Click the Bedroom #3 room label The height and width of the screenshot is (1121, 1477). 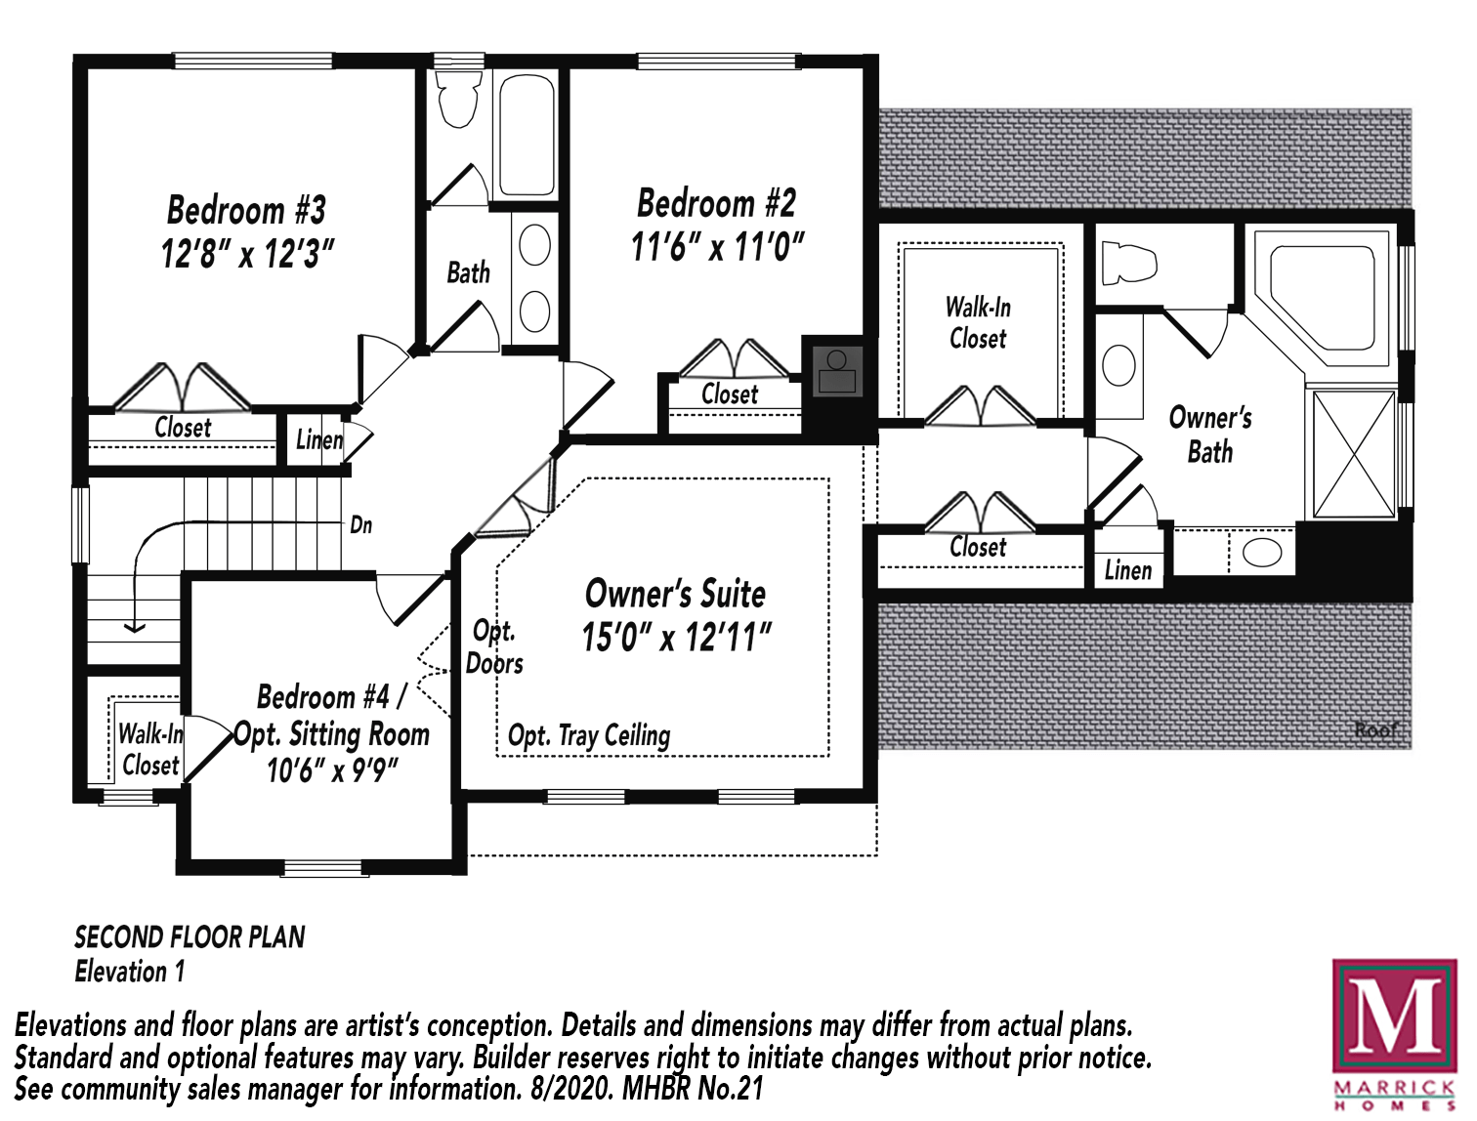(x=246, y=210)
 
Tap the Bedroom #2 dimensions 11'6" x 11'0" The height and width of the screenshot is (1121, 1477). (x=717, y=247)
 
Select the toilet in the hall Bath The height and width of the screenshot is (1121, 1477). (x=458, y=99)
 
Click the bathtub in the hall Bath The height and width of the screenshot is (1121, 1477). (x=527, y=135)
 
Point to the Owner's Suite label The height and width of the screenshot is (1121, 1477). (x=675, y=594)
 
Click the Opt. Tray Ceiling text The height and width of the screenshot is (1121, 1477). (x=589, y=735)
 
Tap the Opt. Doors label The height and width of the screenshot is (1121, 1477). (x=494, y=647)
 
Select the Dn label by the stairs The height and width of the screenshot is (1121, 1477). (x=360, y=525)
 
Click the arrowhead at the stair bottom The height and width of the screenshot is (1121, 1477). (x=134, y=627)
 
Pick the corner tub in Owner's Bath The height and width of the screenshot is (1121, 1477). (x=1325, y=295)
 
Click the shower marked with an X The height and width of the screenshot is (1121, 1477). (x=1353, y=454)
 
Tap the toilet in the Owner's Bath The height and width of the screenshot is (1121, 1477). (x=1128, y=262)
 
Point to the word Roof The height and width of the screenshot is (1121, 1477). (x=1374, y=729)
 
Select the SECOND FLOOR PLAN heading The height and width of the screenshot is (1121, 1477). (x=190, y=937)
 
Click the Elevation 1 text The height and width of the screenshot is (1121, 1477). (x=130, y=972)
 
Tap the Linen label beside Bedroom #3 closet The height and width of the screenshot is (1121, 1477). (x=319, y=440)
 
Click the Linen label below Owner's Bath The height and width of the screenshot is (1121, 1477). (x=1128, y=570)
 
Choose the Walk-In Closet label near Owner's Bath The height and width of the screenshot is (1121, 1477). (x=978, y=323)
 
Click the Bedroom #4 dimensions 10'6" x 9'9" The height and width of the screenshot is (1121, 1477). (x=332, y=770)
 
